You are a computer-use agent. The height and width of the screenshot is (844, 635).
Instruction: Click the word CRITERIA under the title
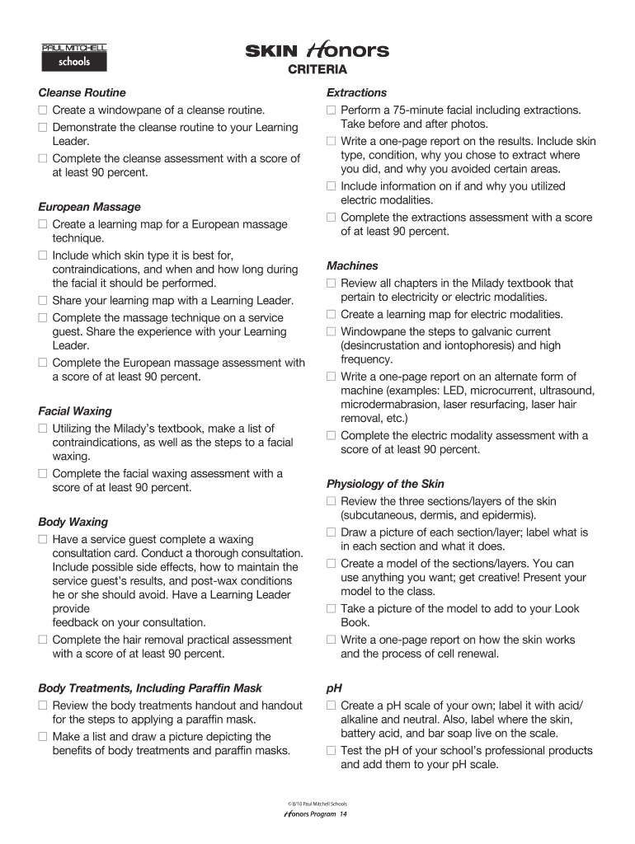(317, 69)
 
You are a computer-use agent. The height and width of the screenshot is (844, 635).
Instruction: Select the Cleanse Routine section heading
(82, 93)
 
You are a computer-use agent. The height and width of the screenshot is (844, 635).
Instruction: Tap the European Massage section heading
(89, 207)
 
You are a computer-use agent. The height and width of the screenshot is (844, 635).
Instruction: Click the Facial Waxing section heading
(75, 411)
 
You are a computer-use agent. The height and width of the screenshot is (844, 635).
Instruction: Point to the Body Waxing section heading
(73, 522)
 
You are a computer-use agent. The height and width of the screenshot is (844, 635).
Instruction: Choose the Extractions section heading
(356, 93)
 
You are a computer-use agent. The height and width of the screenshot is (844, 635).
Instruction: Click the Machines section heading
(352, 265)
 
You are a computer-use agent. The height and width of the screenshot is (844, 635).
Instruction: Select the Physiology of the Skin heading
(385, 484)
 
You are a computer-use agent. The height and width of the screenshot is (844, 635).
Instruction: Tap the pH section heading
(334, 688)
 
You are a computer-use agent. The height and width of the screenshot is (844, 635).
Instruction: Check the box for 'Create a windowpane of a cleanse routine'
(43, 110)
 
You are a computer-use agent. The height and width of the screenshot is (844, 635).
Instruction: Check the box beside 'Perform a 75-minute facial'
(331, 110)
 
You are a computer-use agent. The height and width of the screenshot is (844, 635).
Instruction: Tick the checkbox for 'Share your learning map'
(43, 301)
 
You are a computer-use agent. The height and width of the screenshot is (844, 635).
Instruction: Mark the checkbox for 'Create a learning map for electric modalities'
(331, 315)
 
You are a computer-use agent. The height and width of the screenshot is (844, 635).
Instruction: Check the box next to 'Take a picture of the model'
(331, 609)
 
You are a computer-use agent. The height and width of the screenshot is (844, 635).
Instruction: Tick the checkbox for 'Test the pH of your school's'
(331, 751)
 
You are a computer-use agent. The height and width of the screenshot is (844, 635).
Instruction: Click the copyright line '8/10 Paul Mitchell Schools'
(317, 803)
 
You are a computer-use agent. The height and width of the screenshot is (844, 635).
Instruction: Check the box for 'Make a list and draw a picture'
(43, 737)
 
